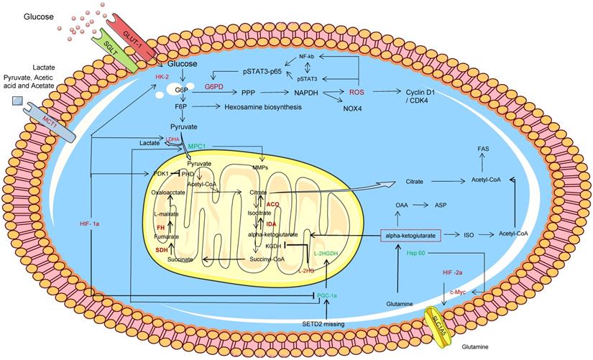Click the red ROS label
(x=357, y=93)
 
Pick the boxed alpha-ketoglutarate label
(x=410, y=235)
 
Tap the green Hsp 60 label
(x=417, y=254)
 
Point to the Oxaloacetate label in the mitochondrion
(x=169, y=193)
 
